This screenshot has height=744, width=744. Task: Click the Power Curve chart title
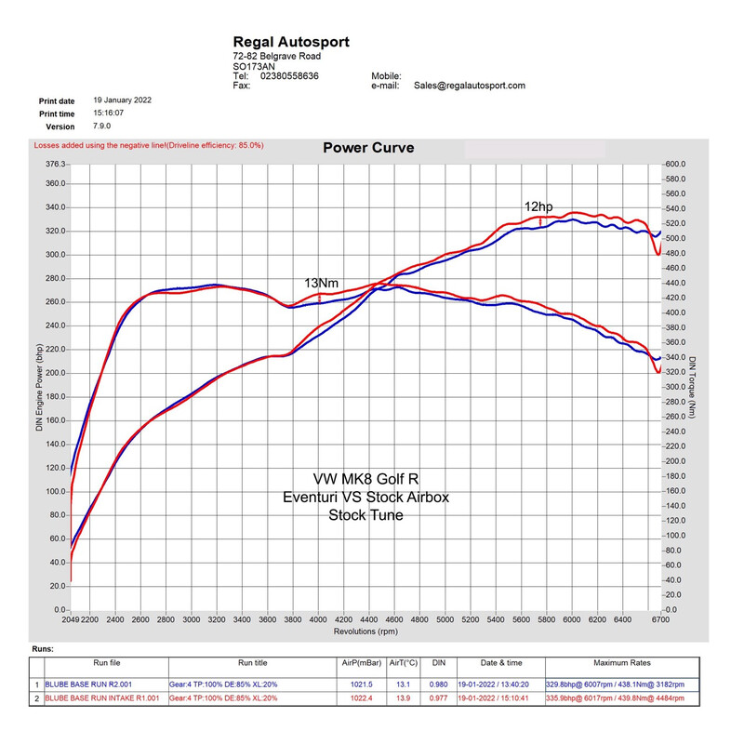pos(368,148)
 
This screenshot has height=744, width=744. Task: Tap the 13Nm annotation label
pos(321,283)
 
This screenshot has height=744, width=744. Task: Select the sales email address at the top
pos(470,86)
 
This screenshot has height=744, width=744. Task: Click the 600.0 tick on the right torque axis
pos(673,164)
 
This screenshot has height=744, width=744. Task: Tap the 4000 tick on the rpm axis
pos(318,618)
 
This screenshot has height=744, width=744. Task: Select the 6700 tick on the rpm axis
pos(659,618)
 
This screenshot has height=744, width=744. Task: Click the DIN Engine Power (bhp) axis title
pos(39,386)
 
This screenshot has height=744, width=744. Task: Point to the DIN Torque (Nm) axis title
pos(694,386)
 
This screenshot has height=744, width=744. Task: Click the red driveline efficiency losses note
pos(149,145)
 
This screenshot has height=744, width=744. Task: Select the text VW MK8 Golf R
pos(365,479)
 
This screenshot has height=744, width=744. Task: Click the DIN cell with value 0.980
pos(439,684)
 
